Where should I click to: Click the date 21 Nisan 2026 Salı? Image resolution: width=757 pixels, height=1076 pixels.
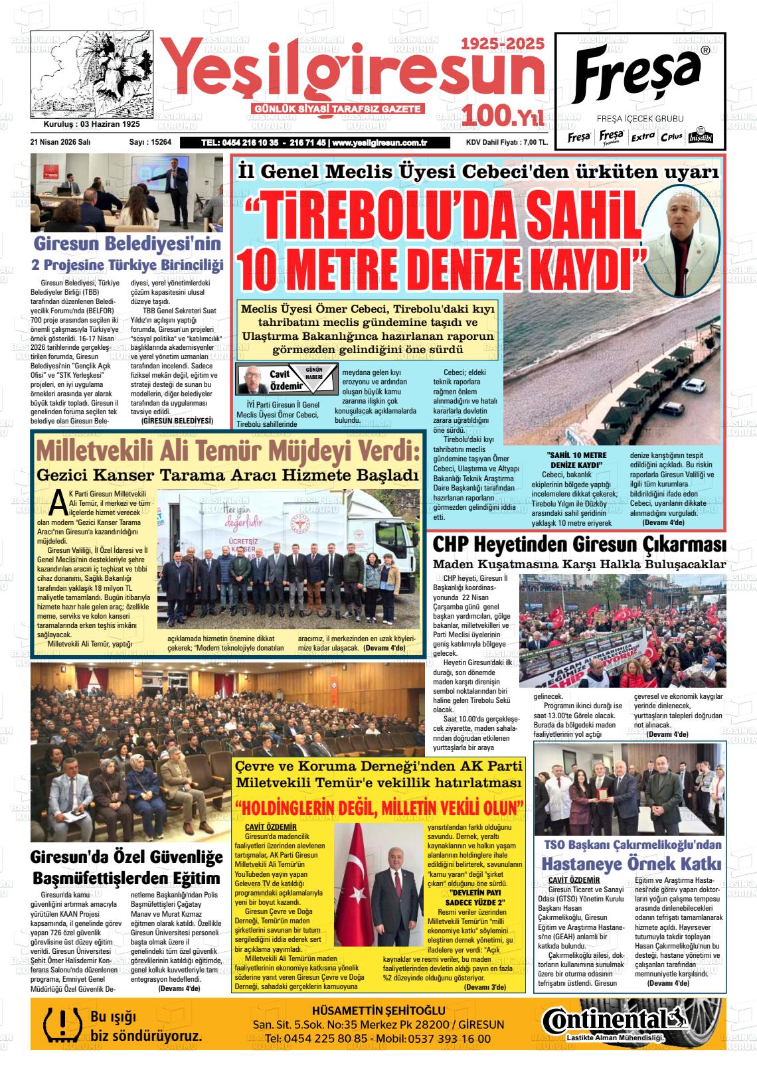(x=60, y=142)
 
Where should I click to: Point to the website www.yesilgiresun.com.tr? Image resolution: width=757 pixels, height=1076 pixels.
(x=379, y=143)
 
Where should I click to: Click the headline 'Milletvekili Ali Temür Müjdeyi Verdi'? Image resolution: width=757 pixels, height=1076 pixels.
(x=228, y=451)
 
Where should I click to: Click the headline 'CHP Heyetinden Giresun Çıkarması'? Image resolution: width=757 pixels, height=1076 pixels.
(x=578, y=544)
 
